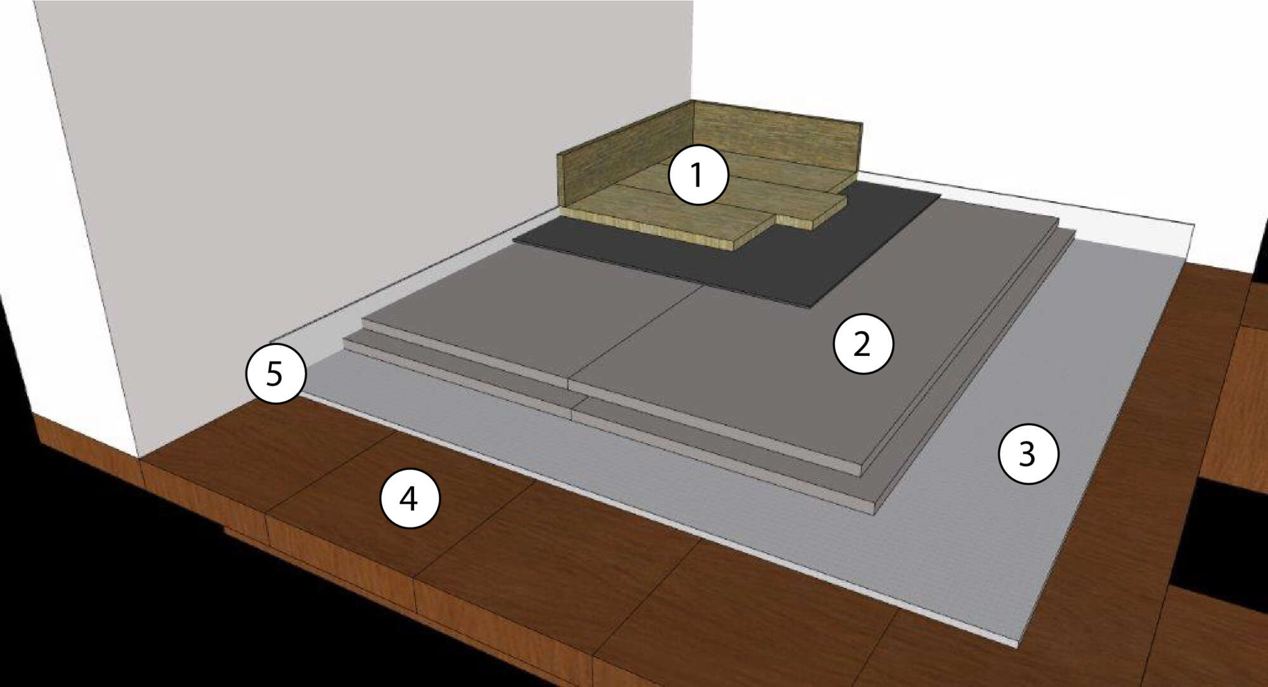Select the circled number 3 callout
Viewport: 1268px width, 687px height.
1028,454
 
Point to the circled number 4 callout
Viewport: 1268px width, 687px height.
410,499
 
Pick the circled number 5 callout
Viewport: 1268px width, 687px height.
276,373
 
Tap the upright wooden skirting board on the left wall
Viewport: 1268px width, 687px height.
624,159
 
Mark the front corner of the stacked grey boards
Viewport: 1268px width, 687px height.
875,511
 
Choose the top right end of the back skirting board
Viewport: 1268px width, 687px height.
862,122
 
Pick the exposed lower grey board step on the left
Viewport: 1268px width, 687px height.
456,374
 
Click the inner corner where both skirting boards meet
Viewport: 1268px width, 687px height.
693,171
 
